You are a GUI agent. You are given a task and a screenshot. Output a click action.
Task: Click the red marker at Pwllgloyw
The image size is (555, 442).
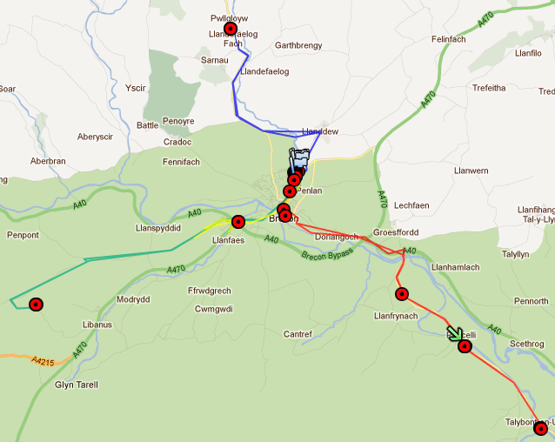click(x=231, y=29)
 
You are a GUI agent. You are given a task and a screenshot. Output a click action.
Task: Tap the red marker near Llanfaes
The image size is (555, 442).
click(x=238, y=222)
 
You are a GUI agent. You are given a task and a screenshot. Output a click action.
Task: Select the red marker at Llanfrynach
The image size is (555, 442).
click(x=401, y=294)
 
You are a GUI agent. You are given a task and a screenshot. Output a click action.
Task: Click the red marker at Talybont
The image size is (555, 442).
click(x=541, y=427)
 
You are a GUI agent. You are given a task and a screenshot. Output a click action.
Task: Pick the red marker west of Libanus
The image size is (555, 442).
click(x=36, y=305)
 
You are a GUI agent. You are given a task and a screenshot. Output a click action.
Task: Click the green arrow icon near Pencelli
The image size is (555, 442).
click(x=455, y=334)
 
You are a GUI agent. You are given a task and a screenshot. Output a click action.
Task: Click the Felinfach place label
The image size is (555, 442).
click(x=449, y=40)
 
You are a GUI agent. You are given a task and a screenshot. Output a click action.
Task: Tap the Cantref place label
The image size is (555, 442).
click(x=298, y=334)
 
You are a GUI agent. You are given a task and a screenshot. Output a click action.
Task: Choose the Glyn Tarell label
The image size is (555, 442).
click(x=77, y=385)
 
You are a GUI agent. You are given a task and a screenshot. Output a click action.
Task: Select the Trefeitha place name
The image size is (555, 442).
click(x=489, y=88)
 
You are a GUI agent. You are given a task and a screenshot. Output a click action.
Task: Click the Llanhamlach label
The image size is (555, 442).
click(x=455, y=266)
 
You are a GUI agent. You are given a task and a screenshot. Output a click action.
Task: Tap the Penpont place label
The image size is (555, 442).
click(x=23, y=235)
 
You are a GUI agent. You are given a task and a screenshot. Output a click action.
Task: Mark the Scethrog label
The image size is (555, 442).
click(x=526, y=344)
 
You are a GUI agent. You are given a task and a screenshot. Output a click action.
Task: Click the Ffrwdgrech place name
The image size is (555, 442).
click(x=209, y=291)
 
